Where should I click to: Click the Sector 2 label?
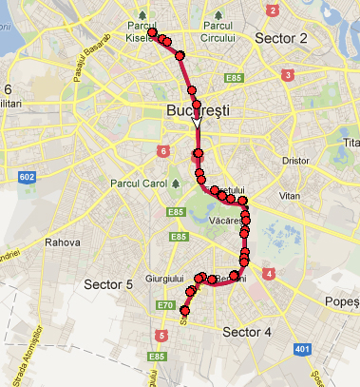pyautogui.click(x=281, y=39)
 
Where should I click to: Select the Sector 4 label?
pyautogui.click(x=247, y=332)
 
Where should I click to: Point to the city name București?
pyautogui.click(x=199, y=110)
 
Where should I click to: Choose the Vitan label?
pyautogui.click(x=290, y=194)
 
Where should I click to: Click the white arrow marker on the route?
pyautogui.click(x=197, y=122)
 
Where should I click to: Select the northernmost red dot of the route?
pyautogui.click(x=152, y=32)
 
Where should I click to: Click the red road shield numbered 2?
pyautogui.click(x=274, y=10)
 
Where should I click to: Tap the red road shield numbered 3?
pyautogui.click(x=288, y=75)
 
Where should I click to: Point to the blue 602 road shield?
pyautogui.click(x=26, y=177)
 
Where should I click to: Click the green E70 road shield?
pyautogui.click(x=165, y=306)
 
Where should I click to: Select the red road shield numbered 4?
pyautogui.click(x=270, y=274)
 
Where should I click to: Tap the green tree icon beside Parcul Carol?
pyautogui.click(x=176, y=182)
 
